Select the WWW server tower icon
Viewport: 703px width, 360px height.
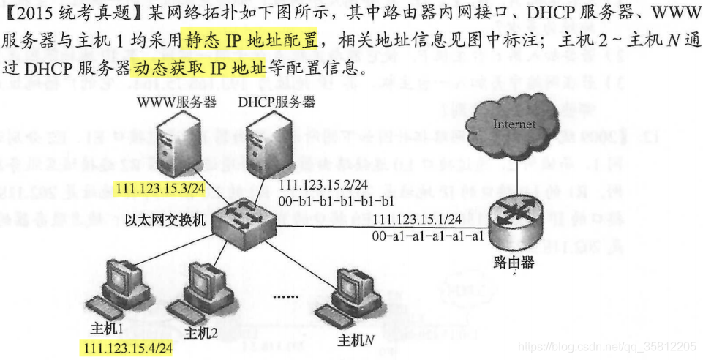(x=173, y=143)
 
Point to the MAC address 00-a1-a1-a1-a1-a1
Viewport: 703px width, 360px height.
(x=428, y=236)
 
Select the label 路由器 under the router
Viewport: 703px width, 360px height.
(x=514, y=262)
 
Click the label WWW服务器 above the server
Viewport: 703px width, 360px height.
(x=176, y=102)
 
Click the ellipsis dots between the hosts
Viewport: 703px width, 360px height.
(x=287, y=296)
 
